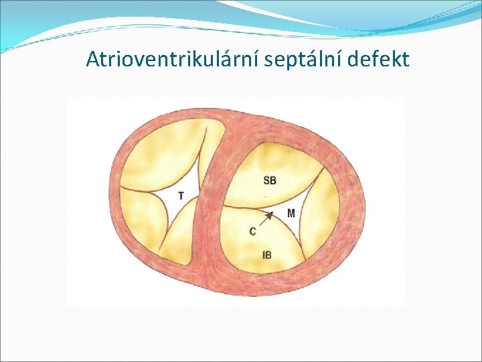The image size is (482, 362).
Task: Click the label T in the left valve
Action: pos(181,196)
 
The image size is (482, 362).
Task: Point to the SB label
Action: pos(270,180)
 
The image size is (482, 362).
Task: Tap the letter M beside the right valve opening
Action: pos(291,213)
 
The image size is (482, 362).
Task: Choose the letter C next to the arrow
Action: pos(252,231)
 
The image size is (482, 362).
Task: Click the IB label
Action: pos(267,255)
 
